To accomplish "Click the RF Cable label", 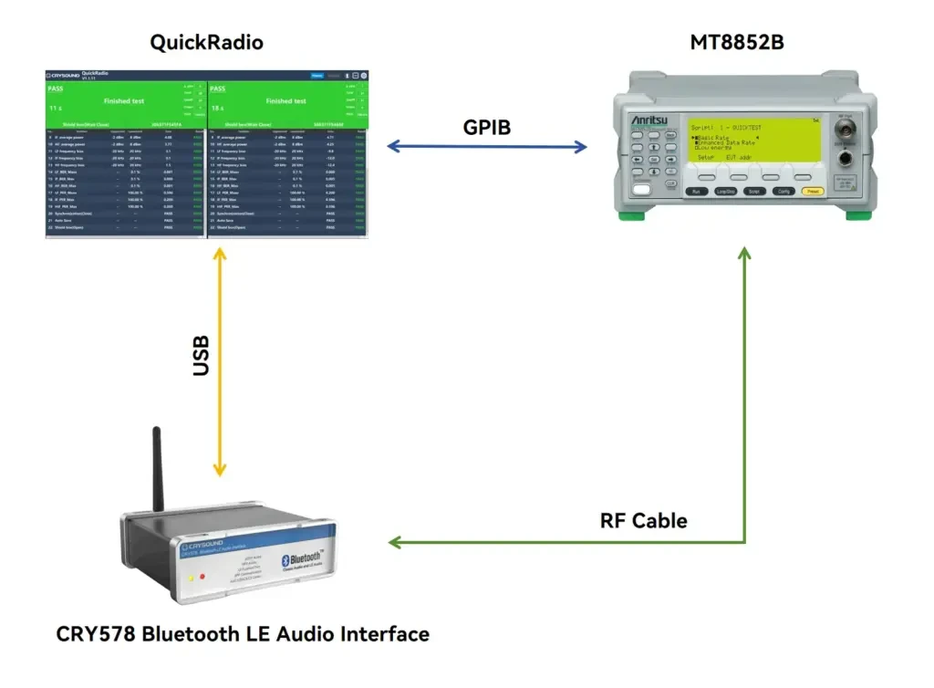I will coord(643,521).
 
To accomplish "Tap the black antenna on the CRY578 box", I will coord(157,470).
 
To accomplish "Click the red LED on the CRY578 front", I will coord(202,577).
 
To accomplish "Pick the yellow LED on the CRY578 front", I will coord(190,578).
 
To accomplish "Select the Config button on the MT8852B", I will coord(783,192).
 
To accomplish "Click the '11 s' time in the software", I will coord(56,109).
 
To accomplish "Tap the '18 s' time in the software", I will coord(219,109).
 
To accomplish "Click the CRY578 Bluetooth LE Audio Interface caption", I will coord(243,634).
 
